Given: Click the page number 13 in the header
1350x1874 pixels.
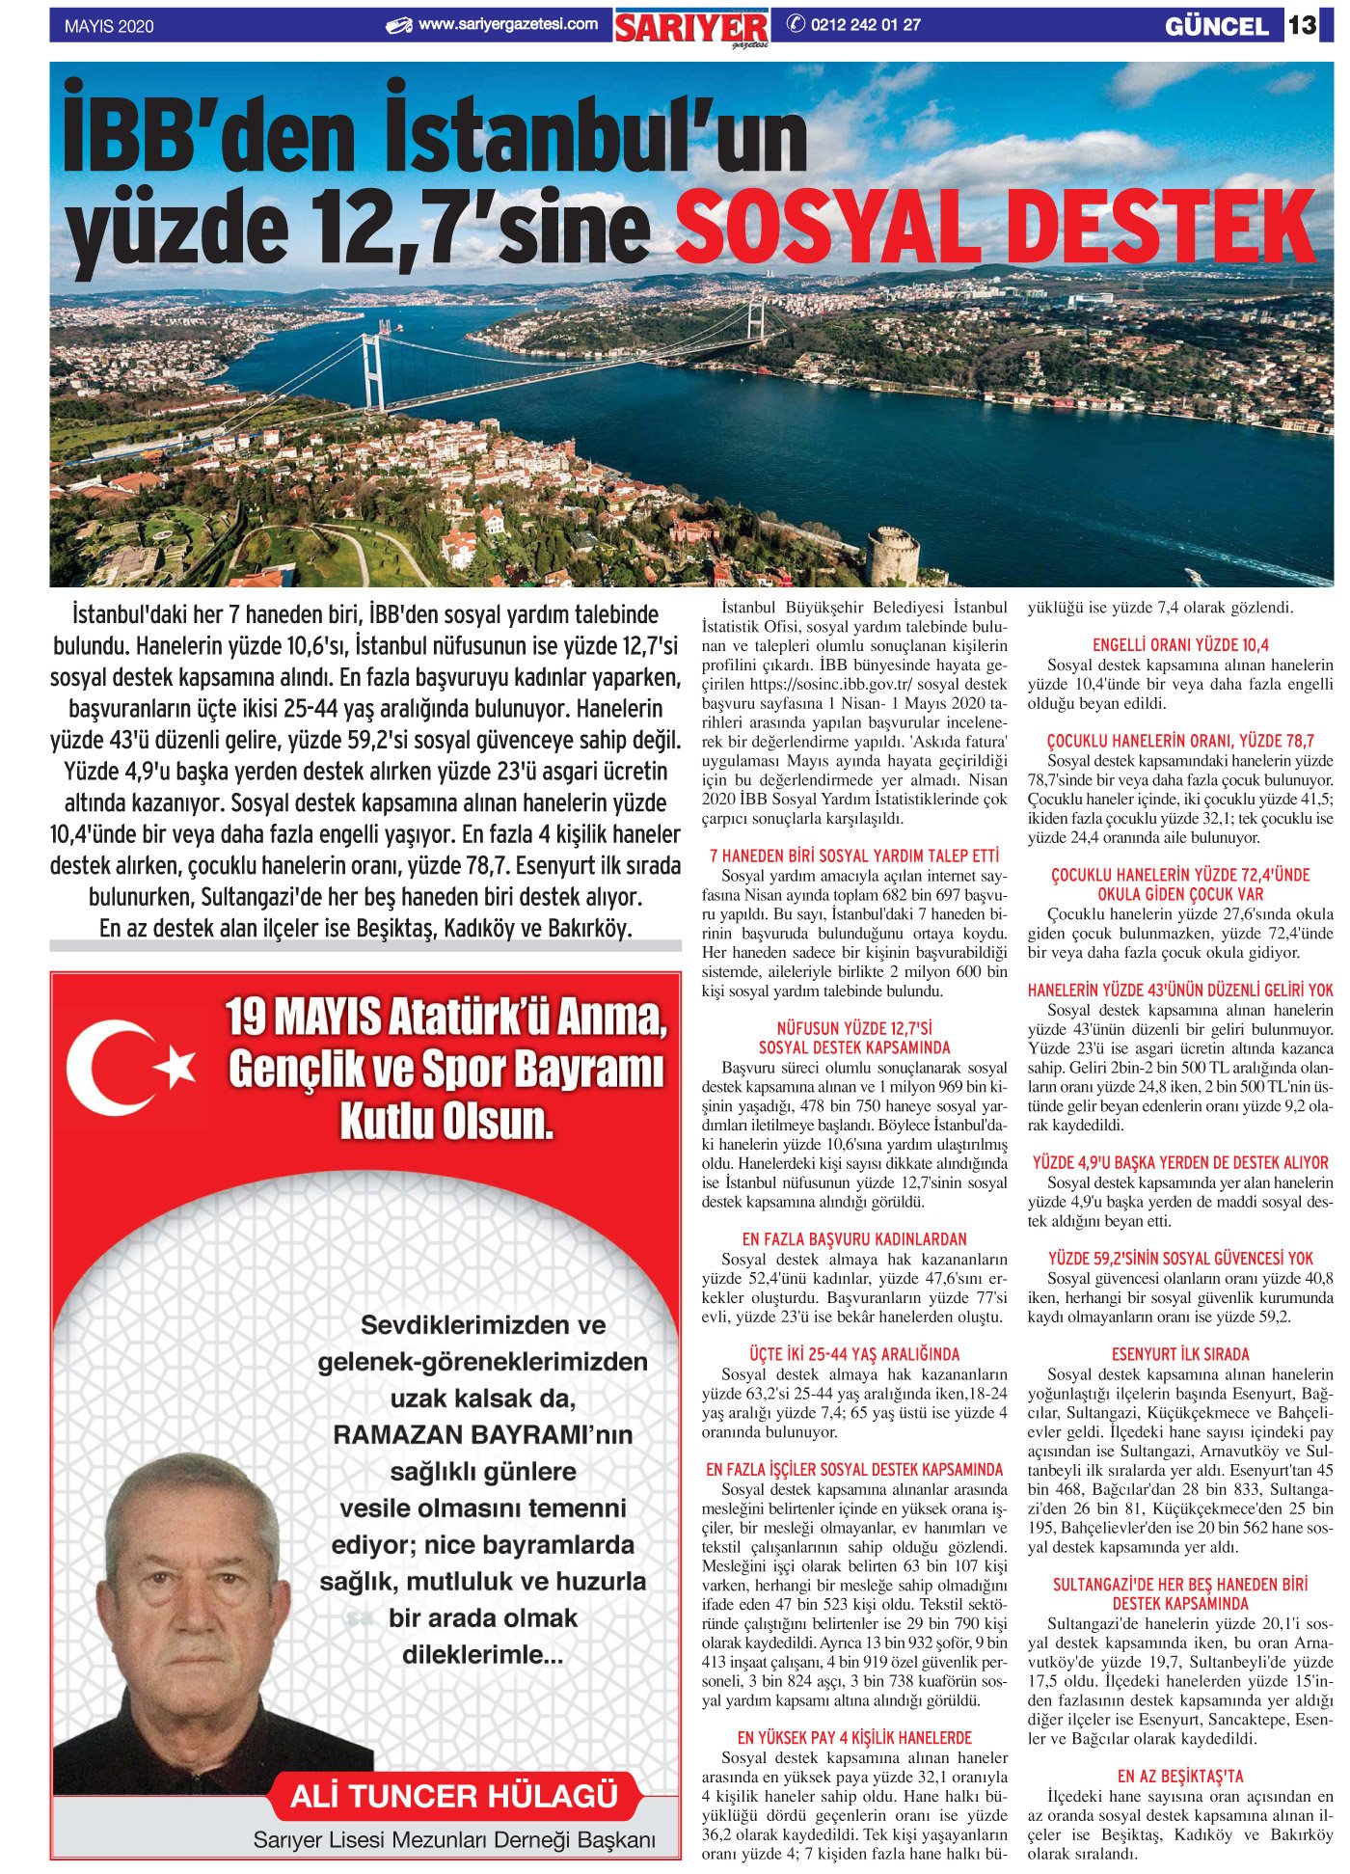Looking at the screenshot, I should tap(1303, 24).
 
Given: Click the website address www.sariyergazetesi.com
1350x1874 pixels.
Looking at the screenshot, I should tap(507, 24).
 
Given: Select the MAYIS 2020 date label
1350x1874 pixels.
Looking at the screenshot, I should tap(109, 27).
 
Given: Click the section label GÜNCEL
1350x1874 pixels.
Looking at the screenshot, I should tap(1217, 26).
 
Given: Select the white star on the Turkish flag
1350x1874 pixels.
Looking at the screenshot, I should tap(175, 1066).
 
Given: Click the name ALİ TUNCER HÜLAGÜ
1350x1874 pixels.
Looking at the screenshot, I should tap(453, 1797).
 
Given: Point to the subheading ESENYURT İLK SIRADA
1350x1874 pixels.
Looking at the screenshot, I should tap(1179, 1354).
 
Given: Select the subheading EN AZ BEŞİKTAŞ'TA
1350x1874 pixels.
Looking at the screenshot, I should tap(1179, 1776).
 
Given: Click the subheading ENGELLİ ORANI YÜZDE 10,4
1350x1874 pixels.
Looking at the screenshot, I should tap(1179, 645).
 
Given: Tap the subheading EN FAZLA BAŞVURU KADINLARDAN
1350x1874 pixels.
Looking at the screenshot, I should tap(853, 1239).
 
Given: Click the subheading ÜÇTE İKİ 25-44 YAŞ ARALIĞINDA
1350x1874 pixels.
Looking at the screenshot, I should tap(853, 1354).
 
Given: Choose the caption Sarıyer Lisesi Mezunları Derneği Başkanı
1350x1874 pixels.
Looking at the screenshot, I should tap(453, 1839).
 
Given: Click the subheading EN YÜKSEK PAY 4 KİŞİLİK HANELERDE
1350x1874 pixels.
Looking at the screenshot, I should tap(853, 1737).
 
